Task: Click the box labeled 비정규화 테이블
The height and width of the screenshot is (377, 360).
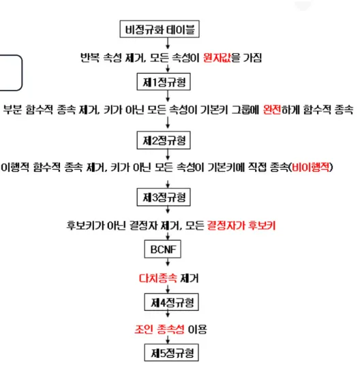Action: tap(160, 29)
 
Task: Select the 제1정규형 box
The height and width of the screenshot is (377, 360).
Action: tap(164, 82)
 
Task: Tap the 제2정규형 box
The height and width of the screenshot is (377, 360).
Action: tap(164, 140)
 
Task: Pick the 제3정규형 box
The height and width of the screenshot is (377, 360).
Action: tap(164, 197)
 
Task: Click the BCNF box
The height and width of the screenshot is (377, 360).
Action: tap(162, 249)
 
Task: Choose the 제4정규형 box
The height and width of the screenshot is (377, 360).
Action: tap(171, 302)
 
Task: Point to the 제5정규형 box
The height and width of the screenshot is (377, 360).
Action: tap(171, 352)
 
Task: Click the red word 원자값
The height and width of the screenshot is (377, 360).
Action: tap(217, 58)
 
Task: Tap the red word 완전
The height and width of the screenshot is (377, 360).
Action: tap(272, 110)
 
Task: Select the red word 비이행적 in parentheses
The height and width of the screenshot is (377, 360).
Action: tap(310, 167)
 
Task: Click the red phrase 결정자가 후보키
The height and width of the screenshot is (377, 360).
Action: tap(241, 225)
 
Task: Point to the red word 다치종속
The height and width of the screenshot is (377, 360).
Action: tap(157, 278)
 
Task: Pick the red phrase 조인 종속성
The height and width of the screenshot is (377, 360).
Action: tap(159, 329)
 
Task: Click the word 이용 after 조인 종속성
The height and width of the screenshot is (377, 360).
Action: tap(197, 329)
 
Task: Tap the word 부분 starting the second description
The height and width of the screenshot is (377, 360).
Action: tap(12, 110)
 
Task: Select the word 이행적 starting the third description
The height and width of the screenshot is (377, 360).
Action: tap(15, 167)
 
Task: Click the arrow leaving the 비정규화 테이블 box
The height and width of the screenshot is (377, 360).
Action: tap(168, 43)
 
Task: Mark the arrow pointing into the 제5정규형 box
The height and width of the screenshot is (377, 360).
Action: tap(168, 340)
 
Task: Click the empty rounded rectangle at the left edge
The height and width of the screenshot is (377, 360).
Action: tap(22, 73)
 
